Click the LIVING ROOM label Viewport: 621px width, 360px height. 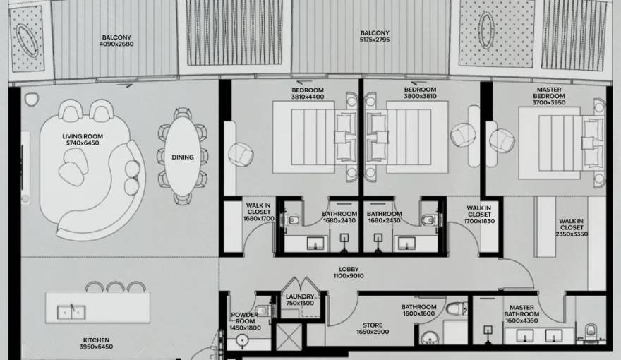click(83, 137)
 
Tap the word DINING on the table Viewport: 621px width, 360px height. click(183, 157)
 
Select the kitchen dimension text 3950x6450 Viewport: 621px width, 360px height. click(96, 347)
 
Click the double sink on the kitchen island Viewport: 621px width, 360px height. click(71, 313)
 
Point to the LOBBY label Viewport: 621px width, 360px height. click(349, 270)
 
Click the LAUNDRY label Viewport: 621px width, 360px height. click(300, 296)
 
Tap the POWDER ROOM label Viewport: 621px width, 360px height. click(245, 318)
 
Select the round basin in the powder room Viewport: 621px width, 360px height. click(241, 340)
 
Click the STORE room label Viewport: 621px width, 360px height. click(373, 325)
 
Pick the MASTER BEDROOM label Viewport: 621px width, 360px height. click(549, 93)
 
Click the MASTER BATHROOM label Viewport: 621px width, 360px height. click(521, 311)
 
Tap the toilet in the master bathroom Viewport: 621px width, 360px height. click(591, 331)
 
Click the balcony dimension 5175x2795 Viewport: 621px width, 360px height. click(375, 40)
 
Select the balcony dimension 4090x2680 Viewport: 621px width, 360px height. click(116, 44)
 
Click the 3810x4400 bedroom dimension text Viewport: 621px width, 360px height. click(308, 97)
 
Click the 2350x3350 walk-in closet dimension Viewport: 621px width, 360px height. click(572, 234)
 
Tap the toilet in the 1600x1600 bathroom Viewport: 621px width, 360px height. click(457, 308)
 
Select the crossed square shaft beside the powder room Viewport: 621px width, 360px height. click(289, 337)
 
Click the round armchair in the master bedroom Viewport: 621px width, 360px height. click(502, 140)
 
